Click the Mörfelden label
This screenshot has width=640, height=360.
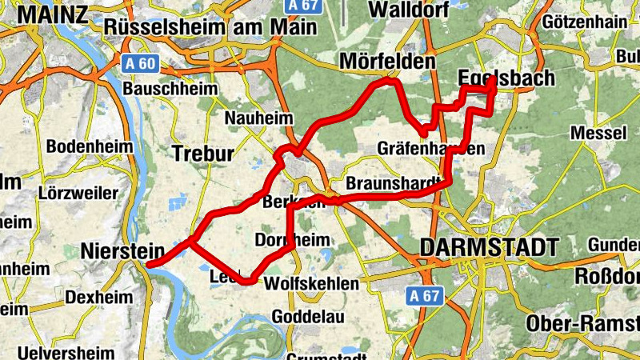point(388,61)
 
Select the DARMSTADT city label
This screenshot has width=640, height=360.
point(488,247)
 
